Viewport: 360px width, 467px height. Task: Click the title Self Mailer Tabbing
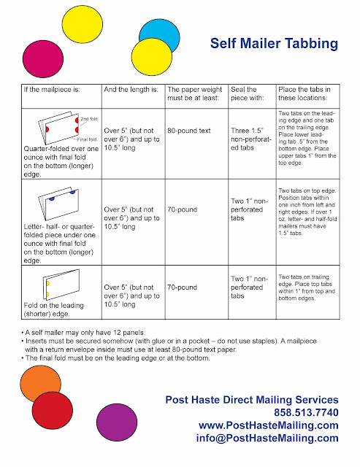(274, 44)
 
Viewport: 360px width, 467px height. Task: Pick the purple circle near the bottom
(117, 422)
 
